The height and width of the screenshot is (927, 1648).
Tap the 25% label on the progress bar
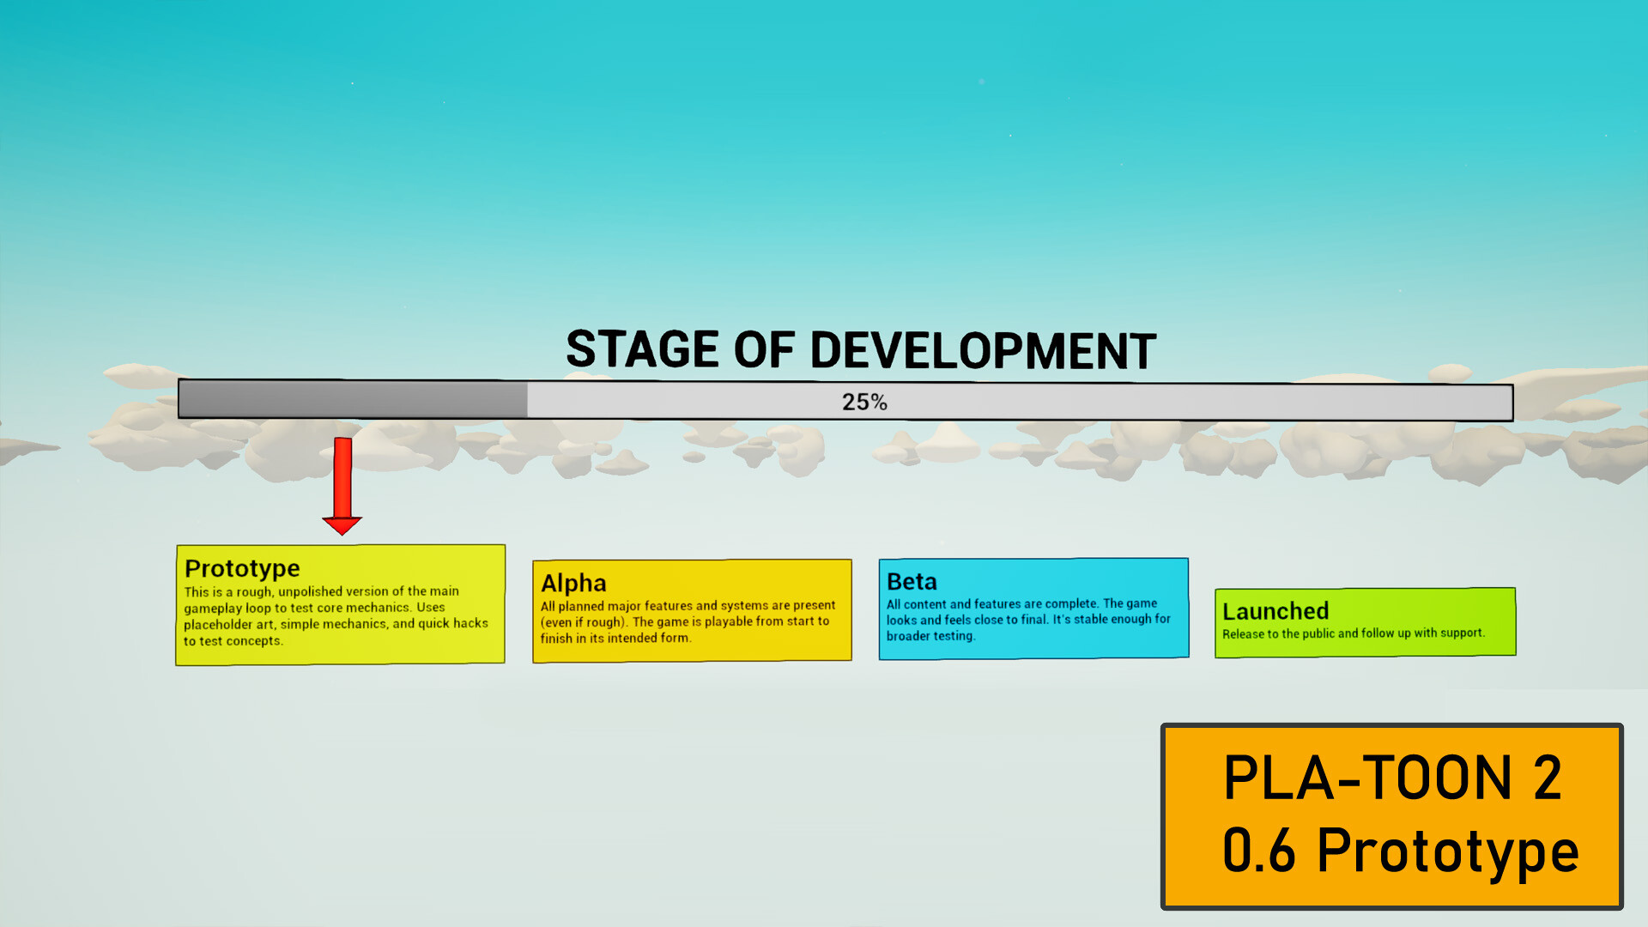864,402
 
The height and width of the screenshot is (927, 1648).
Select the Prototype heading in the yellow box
242,568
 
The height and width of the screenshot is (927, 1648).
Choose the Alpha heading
573,583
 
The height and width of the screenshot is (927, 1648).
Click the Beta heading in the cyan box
912,581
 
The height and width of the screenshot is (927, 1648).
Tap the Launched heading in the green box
1275,611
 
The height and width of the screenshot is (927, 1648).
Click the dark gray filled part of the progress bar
353,400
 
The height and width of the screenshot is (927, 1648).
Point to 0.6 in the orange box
1258,851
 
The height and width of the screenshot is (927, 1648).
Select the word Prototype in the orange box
1448,851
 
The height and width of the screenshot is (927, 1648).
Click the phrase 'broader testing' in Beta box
930,636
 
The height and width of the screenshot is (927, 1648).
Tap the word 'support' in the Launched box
1462,633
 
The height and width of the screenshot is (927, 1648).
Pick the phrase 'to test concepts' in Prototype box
232,641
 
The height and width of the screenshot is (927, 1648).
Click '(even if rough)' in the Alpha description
583,621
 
